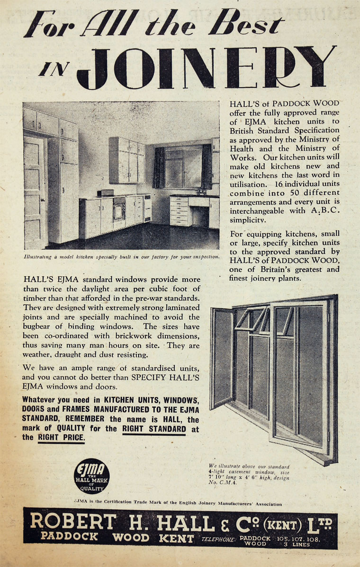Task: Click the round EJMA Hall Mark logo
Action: [x=92, y=477]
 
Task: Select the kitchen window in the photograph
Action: [x=182, y=167]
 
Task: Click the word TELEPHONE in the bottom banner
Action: [x=218, y=539]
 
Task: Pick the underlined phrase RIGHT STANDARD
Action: [x=154, y=429]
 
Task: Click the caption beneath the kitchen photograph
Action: [x=122, y=257]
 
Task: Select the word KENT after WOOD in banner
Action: [x=176, y=538]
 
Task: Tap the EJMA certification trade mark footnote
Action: [x=178, y=504]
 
